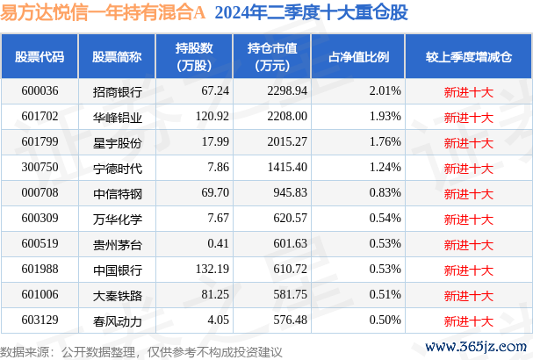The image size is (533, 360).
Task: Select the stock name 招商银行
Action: [117, 91]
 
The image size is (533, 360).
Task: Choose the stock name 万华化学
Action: [117, 218]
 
